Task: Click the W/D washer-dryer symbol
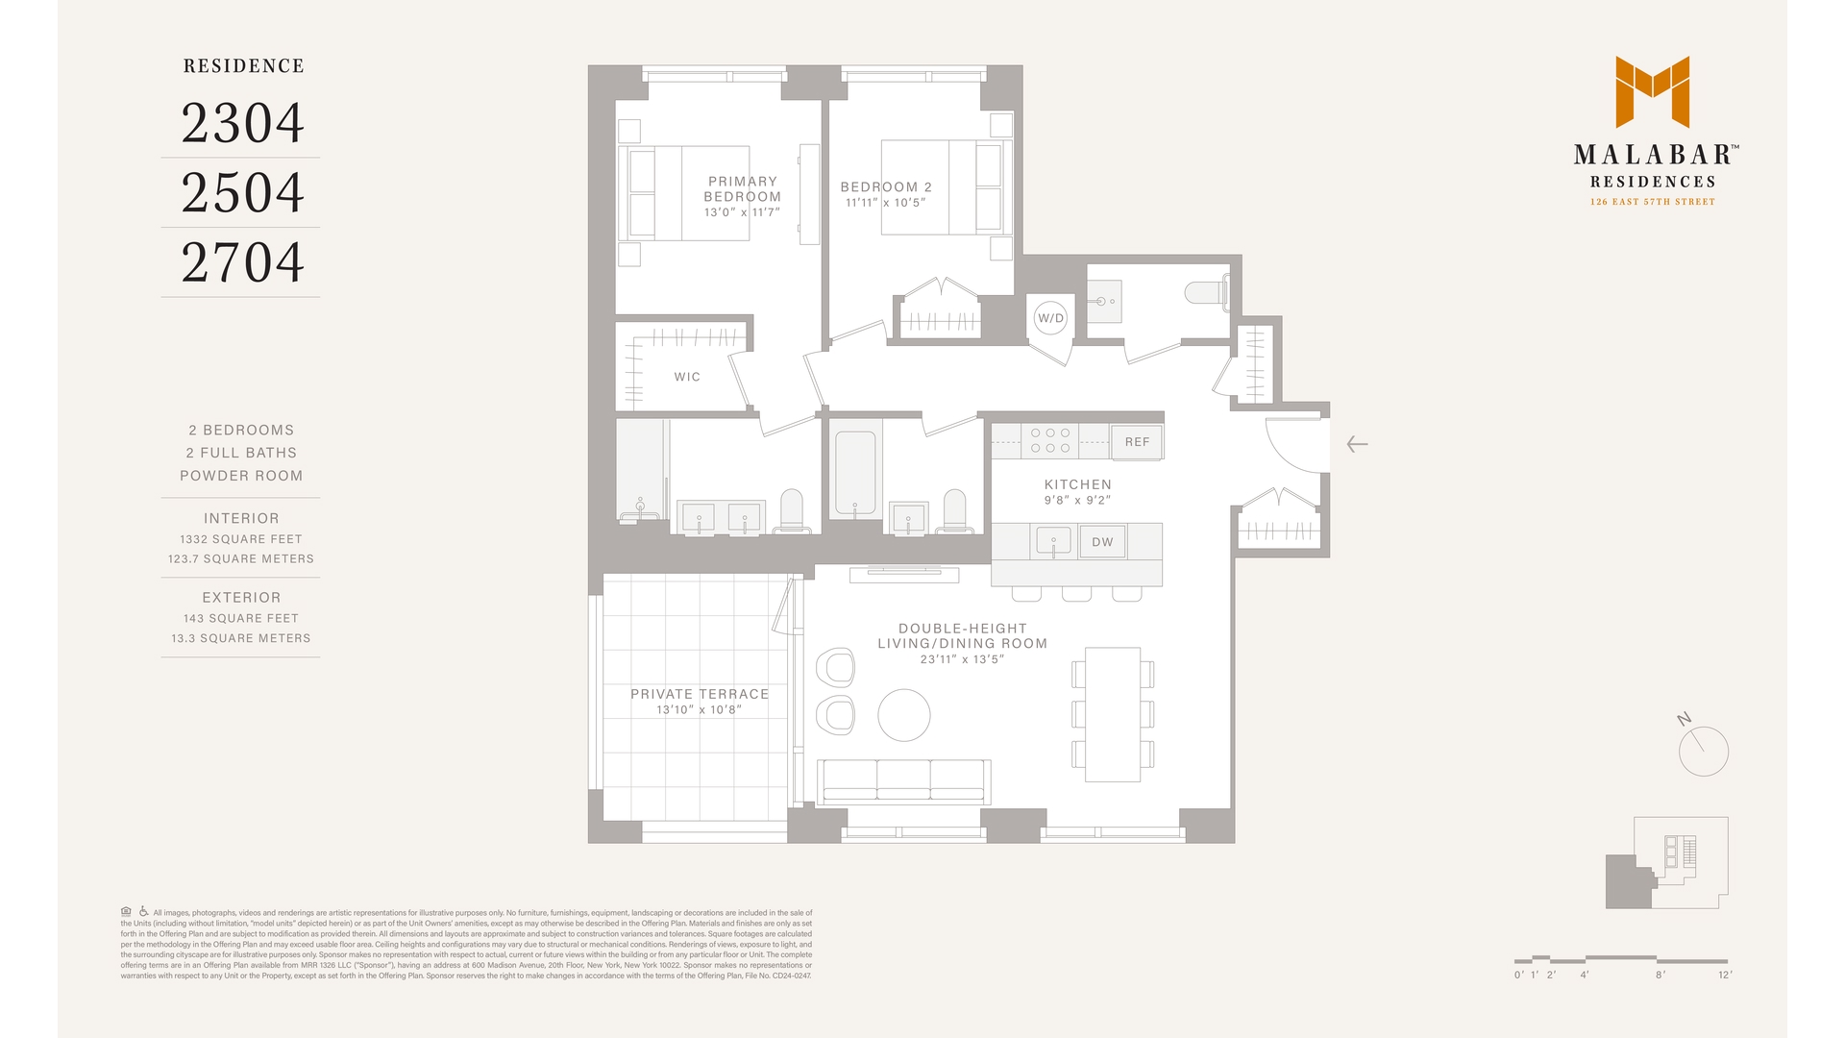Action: (x=1050, y=318)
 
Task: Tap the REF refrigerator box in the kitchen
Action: (x=1137, y=442)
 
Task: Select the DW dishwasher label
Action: (x=1102, y=542)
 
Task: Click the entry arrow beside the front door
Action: (x=1357, y=444)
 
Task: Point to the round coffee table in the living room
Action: (x=904, y=715)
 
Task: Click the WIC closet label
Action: (x=687, y=377)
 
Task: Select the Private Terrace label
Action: (x=700, y=694)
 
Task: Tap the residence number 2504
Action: (x=242, y=193)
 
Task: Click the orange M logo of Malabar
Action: (x=1652, y=92)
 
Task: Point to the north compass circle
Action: (x=1703, y=752)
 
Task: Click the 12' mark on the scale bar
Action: (x=1725, y=975)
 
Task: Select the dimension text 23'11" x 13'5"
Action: (x=962, y=659)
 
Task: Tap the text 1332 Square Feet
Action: (x=241, y=539)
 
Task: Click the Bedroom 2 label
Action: (x=886, y=187)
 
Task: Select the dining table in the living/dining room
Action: (x=1113, y=714)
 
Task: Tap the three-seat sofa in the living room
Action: (x=903, y=779)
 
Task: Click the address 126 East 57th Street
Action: (x=1652, y=202)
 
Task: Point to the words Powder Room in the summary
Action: (x=241, y=476)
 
